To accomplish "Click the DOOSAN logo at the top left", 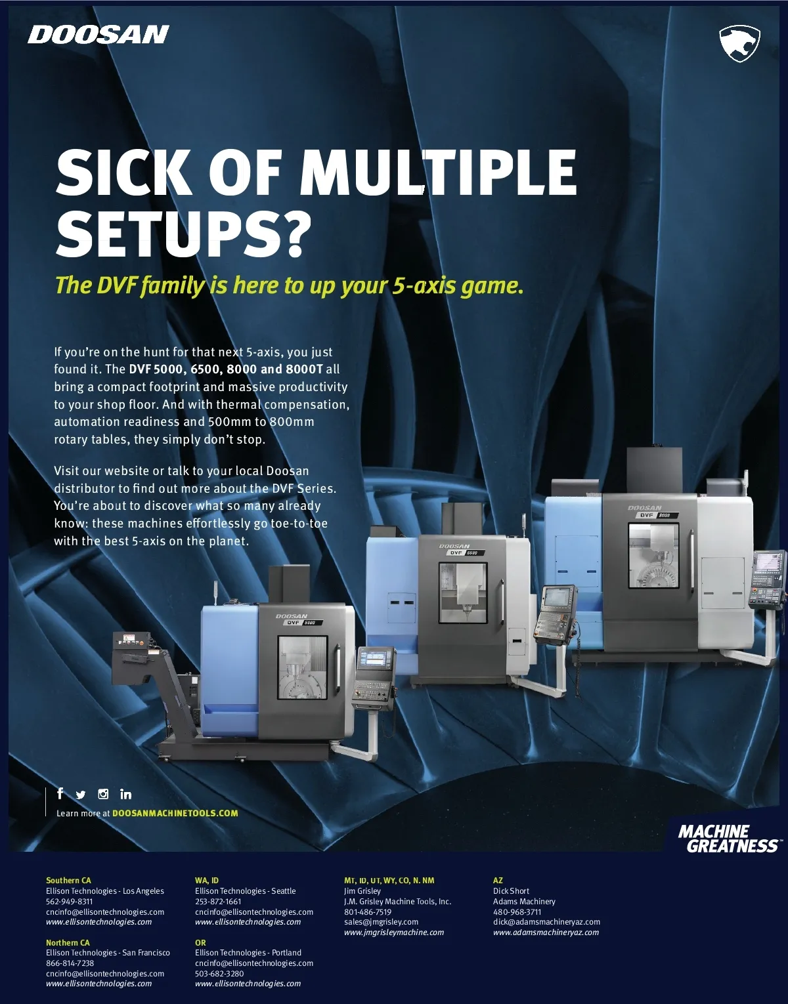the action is [98, 35].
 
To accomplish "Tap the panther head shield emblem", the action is [739, 43].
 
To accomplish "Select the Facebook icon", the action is [60, 793].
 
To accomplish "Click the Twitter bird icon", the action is [80, 795].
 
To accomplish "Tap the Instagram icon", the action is [103, 794].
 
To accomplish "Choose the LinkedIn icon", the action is [125, 794].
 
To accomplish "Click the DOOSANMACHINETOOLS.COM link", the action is [175, 813].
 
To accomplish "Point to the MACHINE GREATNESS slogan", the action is [730, 839].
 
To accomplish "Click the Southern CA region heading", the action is [68, 880].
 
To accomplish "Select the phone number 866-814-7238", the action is [70, 963].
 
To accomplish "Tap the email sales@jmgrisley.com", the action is [382, 922].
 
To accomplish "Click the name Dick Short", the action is [511, 890].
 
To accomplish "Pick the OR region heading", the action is [200, 942].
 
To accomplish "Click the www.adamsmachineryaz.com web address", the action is [546, 932].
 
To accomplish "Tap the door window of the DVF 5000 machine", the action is [303, 667].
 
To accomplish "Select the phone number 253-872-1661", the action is [218, 901].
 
